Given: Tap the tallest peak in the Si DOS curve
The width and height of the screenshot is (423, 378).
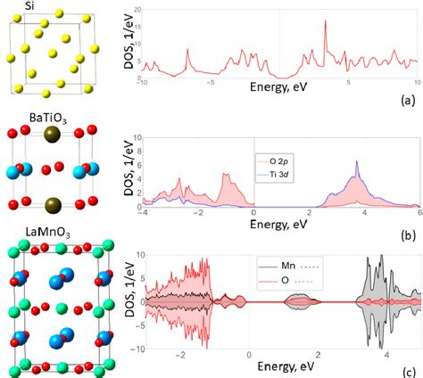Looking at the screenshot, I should (x=324, y=21).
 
